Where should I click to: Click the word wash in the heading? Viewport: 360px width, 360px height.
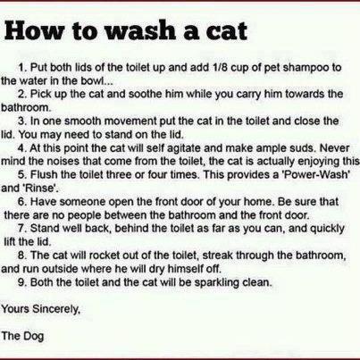[x=140, y=30]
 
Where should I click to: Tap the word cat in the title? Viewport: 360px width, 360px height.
[x=225, y=31]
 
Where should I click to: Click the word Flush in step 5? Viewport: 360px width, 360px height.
[x=44, y=174]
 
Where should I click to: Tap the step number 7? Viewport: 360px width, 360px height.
[x=21, y=229]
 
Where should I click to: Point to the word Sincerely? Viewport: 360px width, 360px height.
[x=56, y=309]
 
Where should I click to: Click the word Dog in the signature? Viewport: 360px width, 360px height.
[x=33, y=337]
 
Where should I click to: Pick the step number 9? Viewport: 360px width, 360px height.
[x=21, y=281]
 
